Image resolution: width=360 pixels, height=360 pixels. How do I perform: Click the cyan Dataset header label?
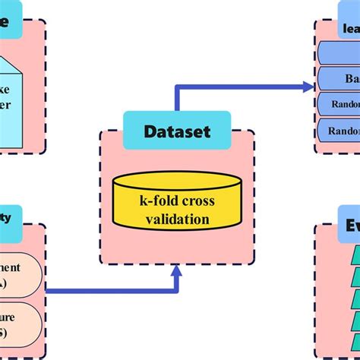tap(177, 130)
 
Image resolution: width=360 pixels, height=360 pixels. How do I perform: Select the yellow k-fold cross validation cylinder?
tap(177, 201)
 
